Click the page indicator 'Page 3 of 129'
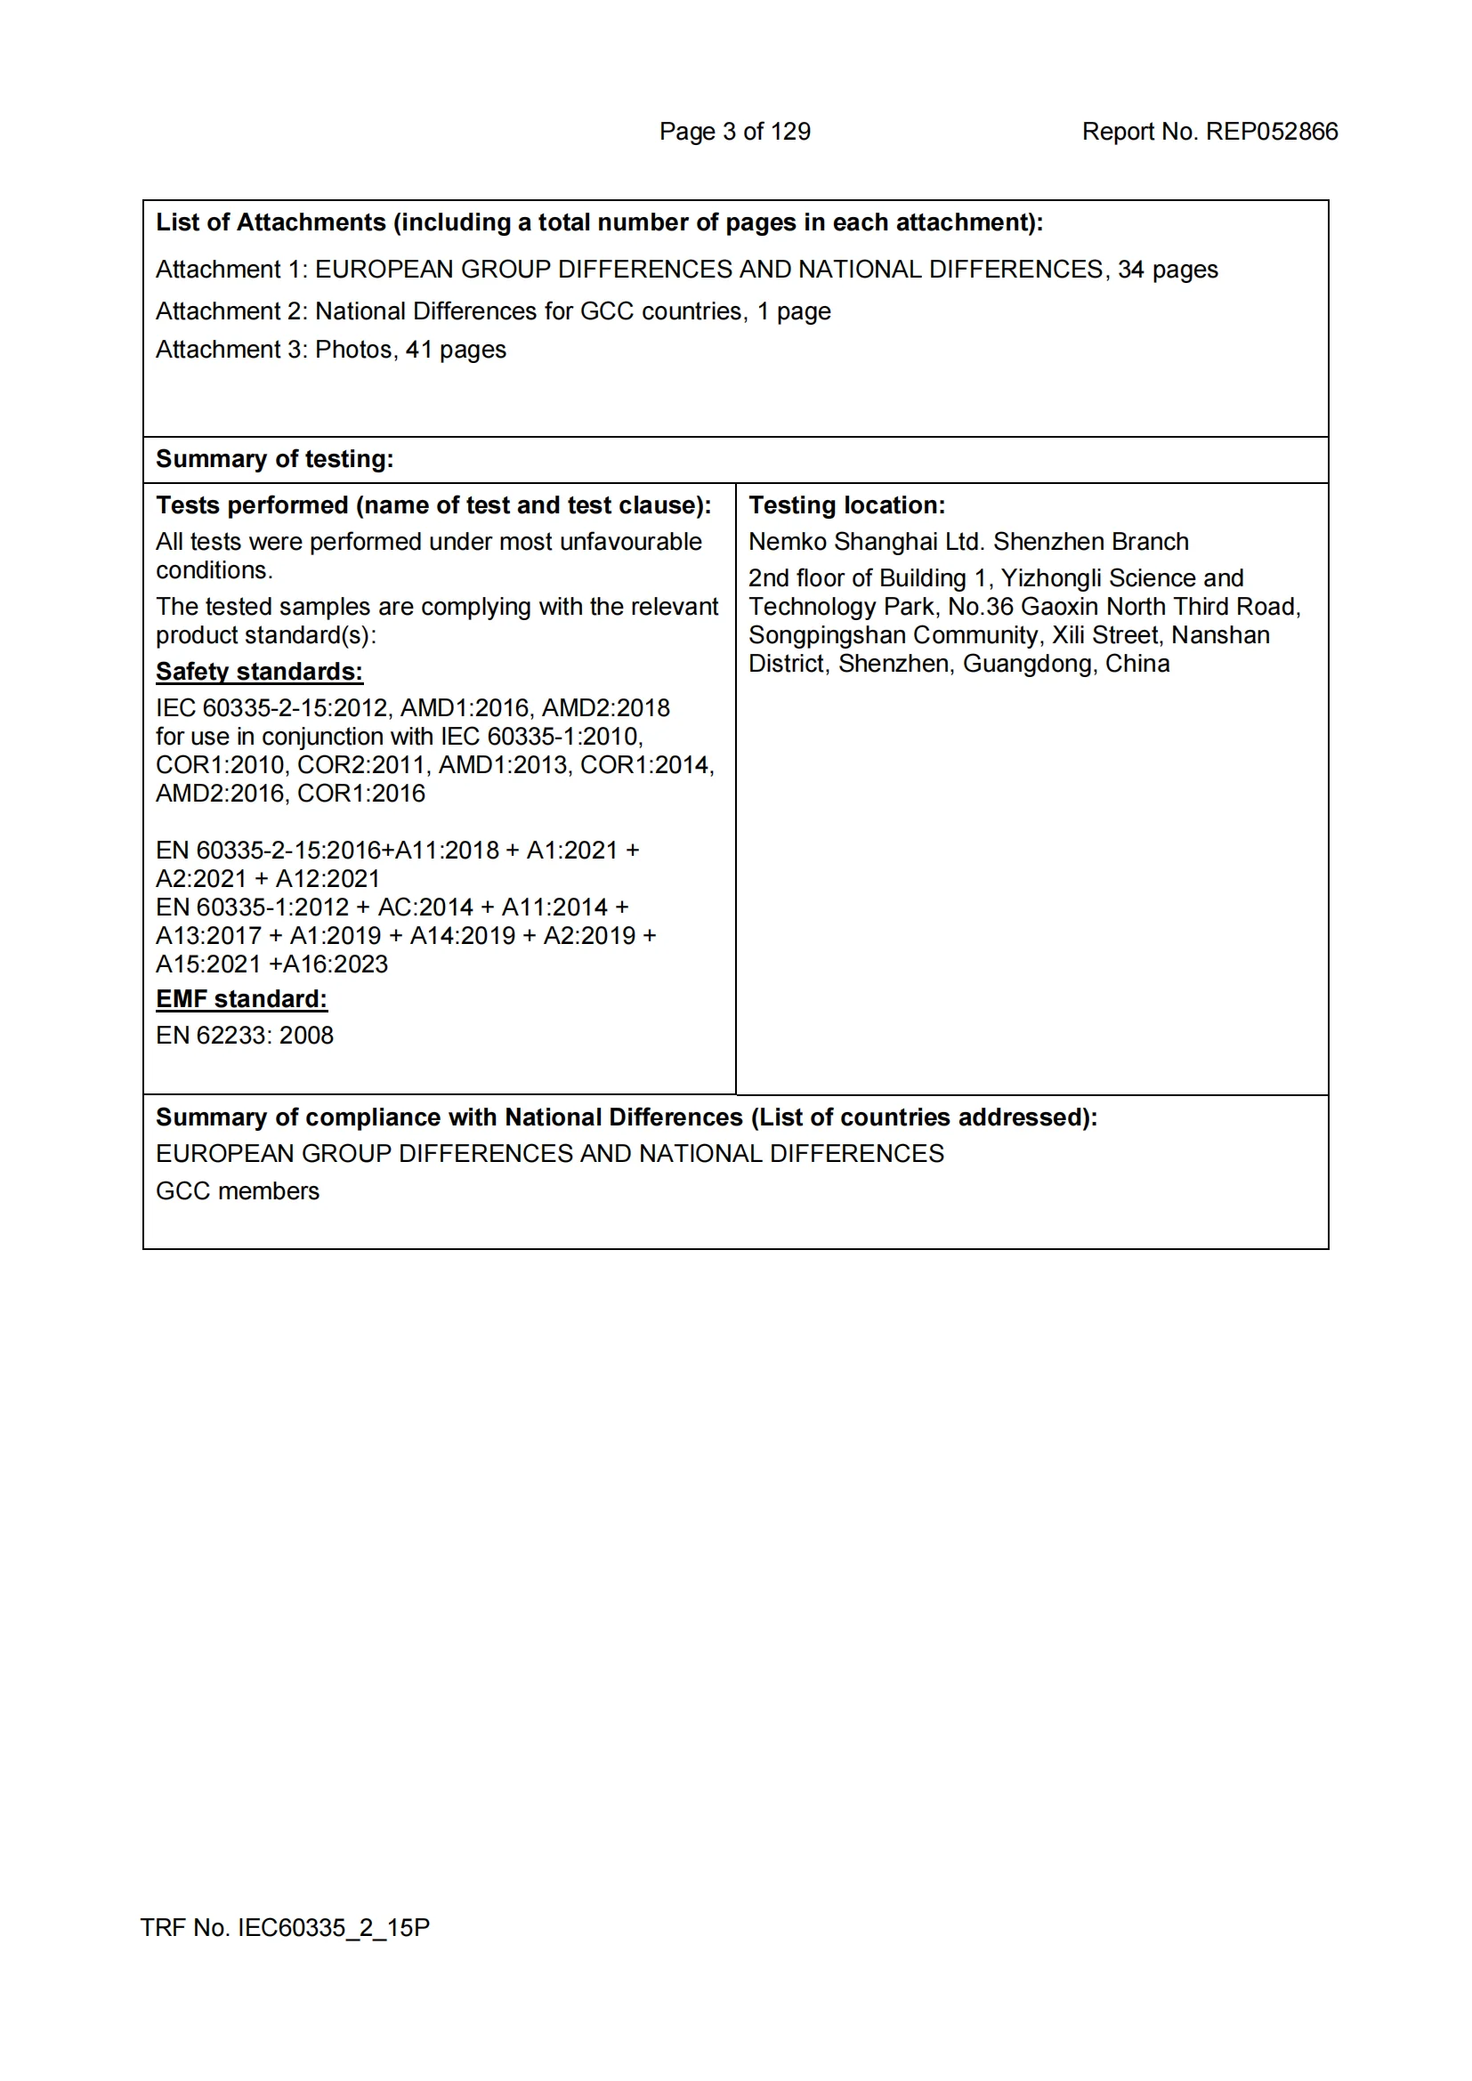coord(734,132)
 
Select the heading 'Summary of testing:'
coord(275,458)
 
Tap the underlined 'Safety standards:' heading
coord(259,672)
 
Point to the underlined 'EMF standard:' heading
coord(241,999)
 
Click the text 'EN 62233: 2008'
coord(245,1035)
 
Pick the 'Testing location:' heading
coord(846,504)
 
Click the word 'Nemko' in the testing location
coord(787,541)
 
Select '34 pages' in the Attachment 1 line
coord(1168,270)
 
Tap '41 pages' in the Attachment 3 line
coord(455,350)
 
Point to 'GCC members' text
coord(238,1191)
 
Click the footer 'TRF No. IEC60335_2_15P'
coord(285,1927)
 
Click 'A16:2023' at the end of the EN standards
coord(336,964)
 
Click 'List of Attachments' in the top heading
coord(271,222)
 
